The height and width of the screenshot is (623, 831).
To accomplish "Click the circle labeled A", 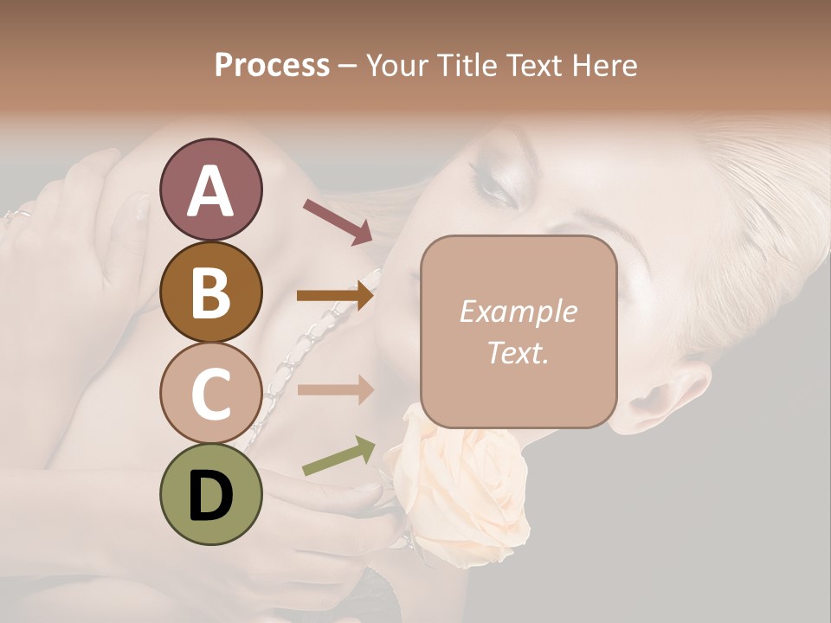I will click(x=210, y=189).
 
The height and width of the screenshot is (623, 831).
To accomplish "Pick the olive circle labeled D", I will click(x=210, y=494).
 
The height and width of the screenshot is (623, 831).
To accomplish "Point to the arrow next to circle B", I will click(x=335, y=295).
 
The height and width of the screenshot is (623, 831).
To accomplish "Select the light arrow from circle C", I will click(x=335, y=389).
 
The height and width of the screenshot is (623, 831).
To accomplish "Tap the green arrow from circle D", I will click(x=338, y=456).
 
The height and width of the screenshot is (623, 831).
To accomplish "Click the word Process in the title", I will click(x=272, y=65).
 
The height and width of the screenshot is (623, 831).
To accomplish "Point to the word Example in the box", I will click(x=518, y=311).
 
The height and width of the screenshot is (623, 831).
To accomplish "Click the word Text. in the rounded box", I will click(x=518, y=351).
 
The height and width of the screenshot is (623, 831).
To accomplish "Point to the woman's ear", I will click(x=671, y=394).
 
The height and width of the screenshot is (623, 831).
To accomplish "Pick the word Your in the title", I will click(x=395, y=65).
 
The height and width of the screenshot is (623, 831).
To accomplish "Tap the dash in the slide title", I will click(x=347, y=66).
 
